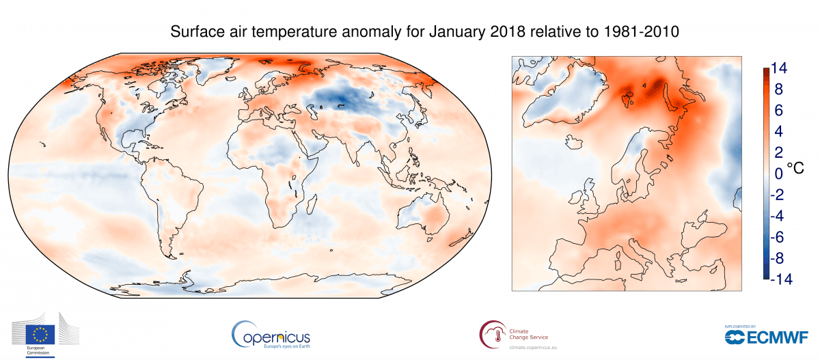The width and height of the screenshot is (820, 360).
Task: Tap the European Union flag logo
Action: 40,335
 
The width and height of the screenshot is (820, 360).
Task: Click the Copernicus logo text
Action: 272,335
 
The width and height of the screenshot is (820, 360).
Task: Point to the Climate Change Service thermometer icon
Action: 492,333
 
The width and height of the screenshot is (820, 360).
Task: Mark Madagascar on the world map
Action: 313,203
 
